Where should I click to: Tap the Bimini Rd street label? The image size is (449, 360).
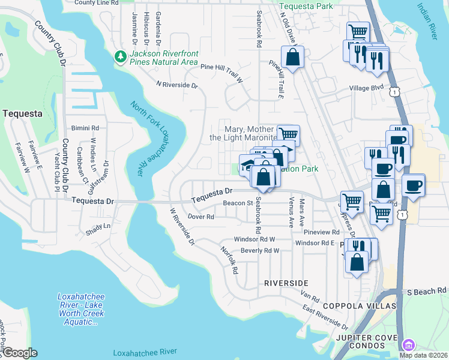(85, 128)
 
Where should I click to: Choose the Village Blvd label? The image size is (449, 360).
(367, 88)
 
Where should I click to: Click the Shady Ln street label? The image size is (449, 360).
(98, 226)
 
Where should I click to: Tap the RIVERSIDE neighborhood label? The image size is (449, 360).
(286, 283)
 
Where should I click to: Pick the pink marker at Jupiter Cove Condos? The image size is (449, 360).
(408, 345)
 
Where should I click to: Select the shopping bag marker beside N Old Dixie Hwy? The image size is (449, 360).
(292, 58)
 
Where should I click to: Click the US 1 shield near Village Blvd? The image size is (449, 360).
(393, 91)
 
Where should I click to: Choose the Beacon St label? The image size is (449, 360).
(237, 203)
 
